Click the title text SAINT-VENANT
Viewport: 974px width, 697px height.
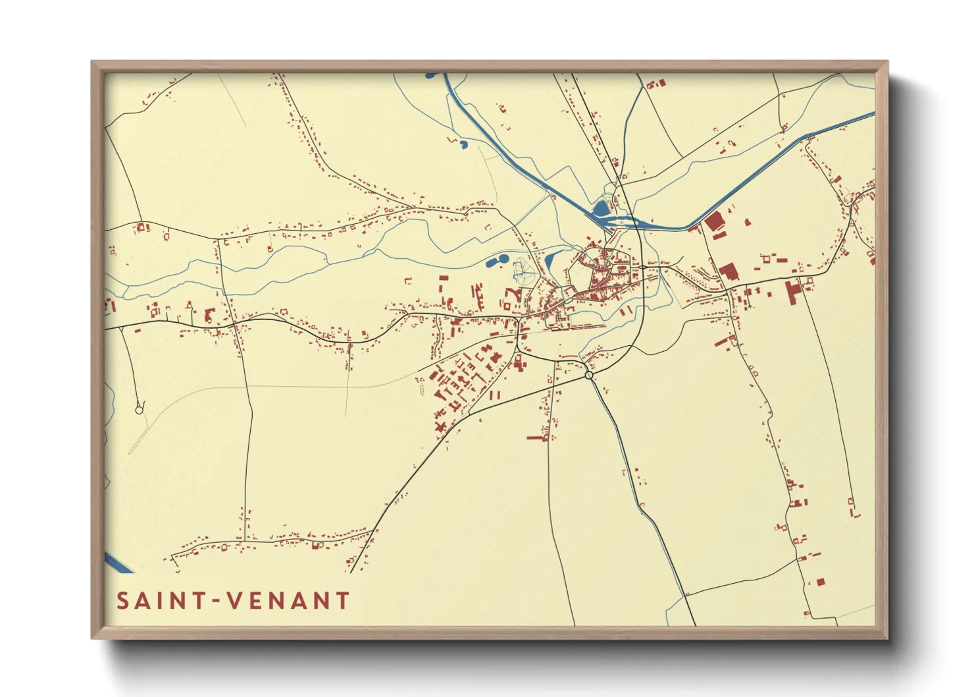233,601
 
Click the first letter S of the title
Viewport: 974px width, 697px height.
122,601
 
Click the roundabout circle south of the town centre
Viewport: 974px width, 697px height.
589,375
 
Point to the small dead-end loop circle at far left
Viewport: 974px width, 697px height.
139,410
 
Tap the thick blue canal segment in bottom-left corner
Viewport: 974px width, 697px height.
118,563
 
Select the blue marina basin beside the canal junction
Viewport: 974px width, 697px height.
601,209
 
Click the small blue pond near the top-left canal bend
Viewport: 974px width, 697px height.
463,144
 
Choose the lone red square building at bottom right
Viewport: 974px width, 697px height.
820,582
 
